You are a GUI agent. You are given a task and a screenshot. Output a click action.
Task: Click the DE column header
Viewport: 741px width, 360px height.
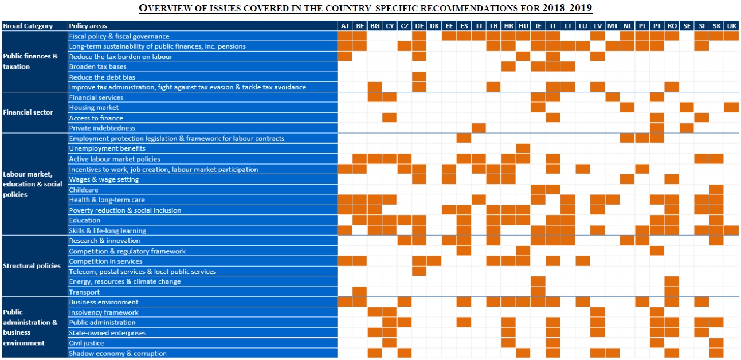pyautogui.click(x=419, y=26)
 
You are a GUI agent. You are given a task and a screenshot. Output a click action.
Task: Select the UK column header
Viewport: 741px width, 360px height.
pyautogui.click(x=731, y=26)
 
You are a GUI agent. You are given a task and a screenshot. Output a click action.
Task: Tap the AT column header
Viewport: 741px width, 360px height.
pyautogui.click(x=345, y=26)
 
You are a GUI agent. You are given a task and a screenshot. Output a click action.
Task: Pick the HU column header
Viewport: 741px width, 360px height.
pyautogui.click(x=523, y=26)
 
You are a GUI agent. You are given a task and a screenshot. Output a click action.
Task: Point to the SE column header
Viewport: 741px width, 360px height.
pyautogui.click(x=687, y=26)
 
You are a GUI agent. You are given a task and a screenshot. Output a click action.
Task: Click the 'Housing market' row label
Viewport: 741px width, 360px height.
pyautogui.click(x=94, y=108)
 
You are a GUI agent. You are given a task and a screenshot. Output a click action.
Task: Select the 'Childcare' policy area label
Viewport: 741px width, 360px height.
pyautogui.click(x=84, y=190)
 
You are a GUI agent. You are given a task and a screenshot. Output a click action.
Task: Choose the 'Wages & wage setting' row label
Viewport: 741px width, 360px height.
pyautogui.click(x=104, y=179)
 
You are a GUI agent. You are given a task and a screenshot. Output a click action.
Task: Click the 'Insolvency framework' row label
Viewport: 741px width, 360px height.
pyautogui.click(x=104, y=312)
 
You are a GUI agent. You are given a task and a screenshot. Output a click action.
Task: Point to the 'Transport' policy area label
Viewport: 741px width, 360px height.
pyautogui.click(x=84, y=292)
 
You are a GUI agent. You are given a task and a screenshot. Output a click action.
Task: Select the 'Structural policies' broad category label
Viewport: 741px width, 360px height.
pyautogui.click(x=32, y=266)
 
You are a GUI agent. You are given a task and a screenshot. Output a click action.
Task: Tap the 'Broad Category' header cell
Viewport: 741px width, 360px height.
pyautogui.click(x=28, y=26)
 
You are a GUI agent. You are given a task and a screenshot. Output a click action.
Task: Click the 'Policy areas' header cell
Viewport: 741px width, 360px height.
pyautogui.click(x=88, y=26)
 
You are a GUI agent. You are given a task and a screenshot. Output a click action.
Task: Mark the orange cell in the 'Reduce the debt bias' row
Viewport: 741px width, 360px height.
pyautogui.click(x=419, y=77)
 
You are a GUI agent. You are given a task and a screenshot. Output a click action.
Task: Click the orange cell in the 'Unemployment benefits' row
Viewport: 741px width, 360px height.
pyautogui.click(x=523, y=148)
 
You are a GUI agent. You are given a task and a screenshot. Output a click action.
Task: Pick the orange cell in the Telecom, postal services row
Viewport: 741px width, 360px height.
pyautogui.click(x=419, y=272)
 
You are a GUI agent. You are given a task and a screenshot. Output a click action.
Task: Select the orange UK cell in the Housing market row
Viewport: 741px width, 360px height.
pyautogui.click(x=731, y=108)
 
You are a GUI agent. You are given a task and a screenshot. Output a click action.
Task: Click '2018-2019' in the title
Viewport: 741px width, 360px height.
pyautogui.click(x=565, y=9)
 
